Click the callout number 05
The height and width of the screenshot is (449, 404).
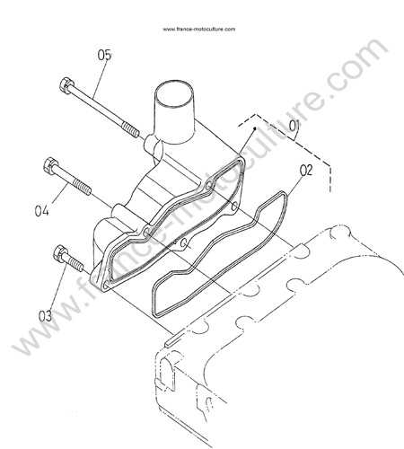[x=105, y=55]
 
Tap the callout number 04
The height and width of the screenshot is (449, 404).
[x=41, y=211]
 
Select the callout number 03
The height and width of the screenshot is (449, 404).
[x=45, y=316]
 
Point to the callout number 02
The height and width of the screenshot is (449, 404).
[x=306, y=171]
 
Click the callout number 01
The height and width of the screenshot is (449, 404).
[x=294, y=126]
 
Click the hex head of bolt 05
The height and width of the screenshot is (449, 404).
[x=66, y=85]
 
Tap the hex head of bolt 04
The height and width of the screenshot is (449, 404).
[x=51, y=165]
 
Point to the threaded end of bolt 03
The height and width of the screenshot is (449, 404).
[x=76, y=264]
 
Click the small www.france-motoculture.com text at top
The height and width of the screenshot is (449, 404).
[x=199, y=29]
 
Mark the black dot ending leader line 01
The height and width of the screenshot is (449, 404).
[x=255, y=128]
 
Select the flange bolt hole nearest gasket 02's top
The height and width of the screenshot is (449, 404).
[x=235, y=206]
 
